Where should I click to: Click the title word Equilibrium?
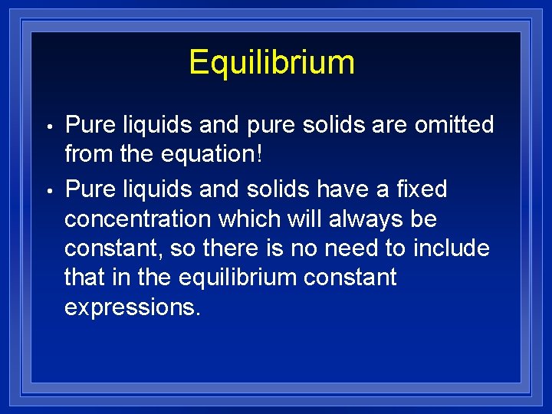[271, 62]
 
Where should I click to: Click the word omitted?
[455, 124]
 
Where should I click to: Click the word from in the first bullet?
[87, 154]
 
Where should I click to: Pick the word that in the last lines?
[84, 278]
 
